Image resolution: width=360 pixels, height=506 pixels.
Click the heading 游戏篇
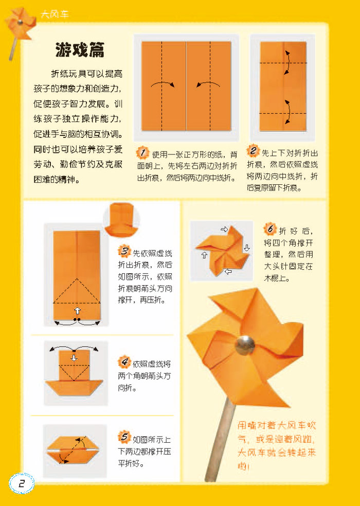(x=80, y=50)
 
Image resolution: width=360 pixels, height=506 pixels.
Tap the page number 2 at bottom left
(x=21, y=483)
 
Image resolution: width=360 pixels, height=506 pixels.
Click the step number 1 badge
(x=143, y=153)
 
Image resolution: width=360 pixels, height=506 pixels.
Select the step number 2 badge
(x=253, y=151)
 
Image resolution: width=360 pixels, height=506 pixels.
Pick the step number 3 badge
(x=124, y=252)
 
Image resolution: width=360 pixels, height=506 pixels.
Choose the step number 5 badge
(x=124, y=438)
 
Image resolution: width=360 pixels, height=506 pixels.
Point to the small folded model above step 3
(x=121, y=218)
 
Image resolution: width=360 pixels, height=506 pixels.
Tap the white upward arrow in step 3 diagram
(x=77, y=310)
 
